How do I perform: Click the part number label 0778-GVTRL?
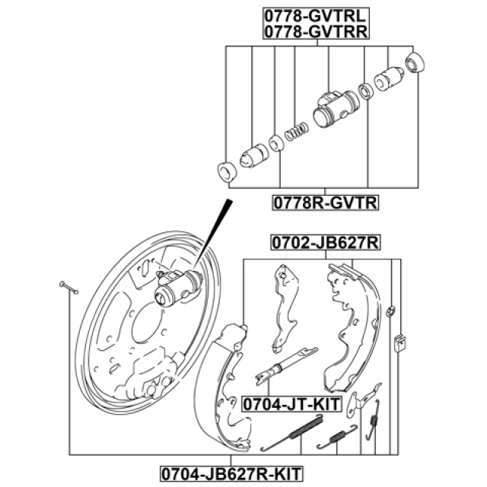tap(315, 14)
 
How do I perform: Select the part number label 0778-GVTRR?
tap(315, 31)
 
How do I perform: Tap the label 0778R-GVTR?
tap(326, 202)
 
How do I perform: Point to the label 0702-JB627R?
tap(326, 243)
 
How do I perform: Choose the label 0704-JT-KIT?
tap(291, 404)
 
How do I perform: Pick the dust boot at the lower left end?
tap(227, 171)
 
